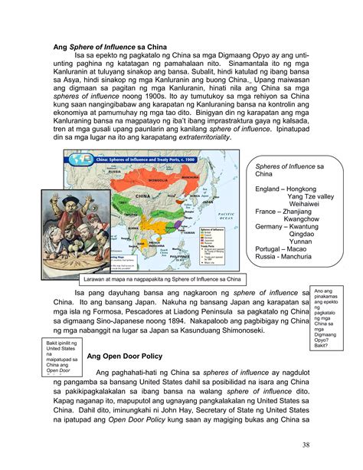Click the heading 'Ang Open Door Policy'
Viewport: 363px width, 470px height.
click(x=126, y=357)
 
